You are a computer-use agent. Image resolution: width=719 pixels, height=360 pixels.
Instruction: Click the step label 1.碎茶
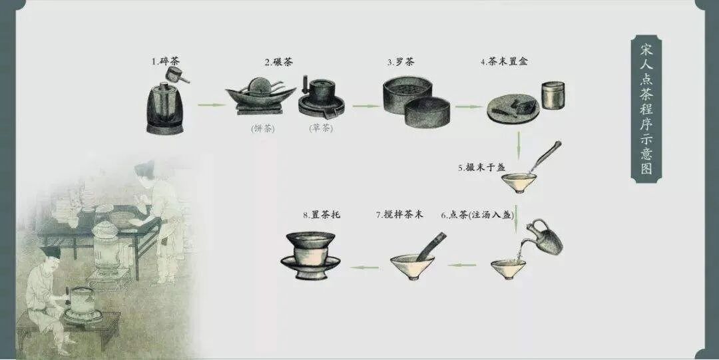[x=166, y=62]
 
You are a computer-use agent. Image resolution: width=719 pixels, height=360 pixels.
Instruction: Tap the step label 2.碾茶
[x=278, y=62]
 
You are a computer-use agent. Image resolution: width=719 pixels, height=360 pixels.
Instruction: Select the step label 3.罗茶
[x=401, y=62]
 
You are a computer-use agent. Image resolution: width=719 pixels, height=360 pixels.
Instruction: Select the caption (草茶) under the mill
[x=321, y=128]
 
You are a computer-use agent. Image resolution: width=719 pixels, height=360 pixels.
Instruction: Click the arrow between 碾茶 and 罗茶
[x=365, y=105]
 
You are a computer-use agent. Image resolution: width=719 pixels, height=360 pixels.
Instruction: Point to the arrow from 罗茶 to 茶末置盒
[x=467, y=105]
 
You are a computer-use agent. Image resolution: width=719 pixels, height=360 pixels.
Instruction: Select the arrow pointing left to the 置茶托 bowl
[x=365, y=268]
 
